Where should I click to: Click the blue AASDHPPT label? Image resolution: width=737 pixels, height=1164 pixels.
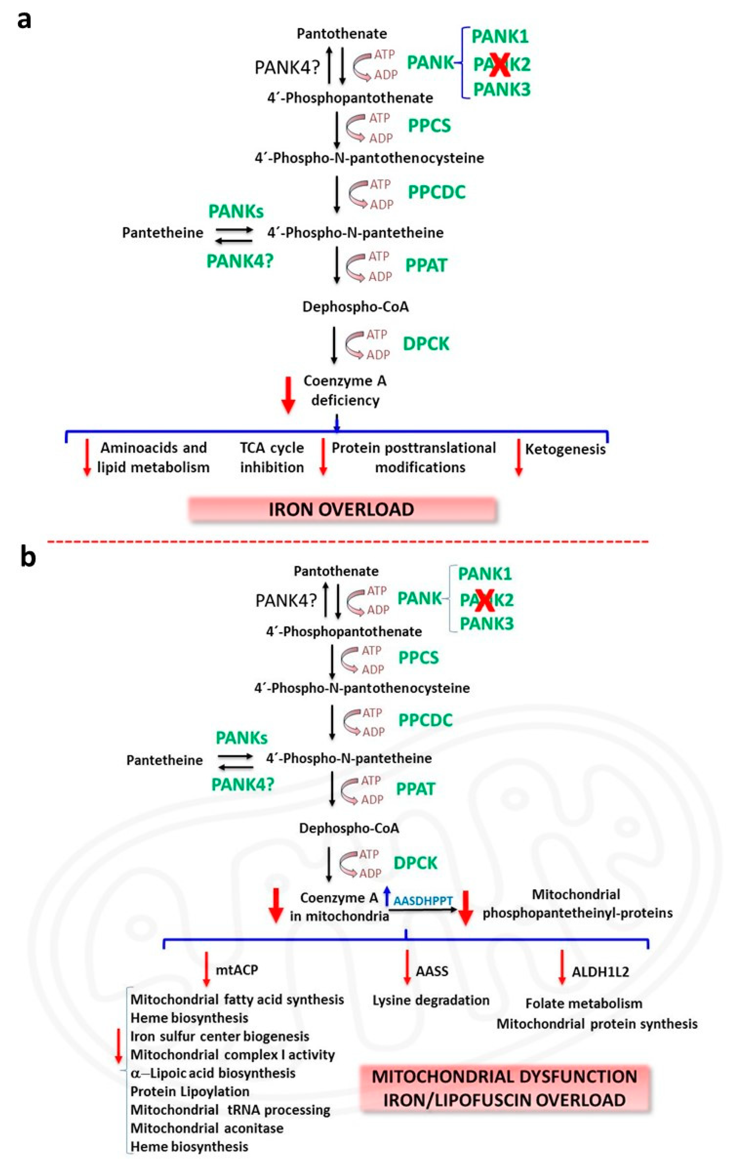click(x=423, y=901)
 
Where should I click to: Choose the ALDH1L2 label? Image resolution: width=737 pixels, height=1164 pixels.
click(x=600, y=972)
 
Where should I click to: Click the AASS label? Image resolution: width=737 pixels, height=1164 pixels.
click(x=432, y=971)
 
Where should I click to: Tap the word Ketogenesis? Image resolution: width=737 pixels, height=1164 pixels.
click(x=565, y=449)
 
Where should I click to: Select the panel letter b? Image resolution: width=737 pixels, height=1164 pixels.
click(x=28, y=556)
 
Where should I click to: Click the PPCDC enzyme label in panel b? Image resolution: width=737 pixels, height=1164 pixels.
click(x=425, y=720)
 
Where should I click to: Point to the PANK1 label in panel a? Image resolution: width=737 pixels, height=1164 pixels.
click(x=500, y=36)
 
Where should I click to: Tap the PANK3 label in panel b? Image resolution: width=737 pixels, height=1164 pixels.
click(x=487, y=623)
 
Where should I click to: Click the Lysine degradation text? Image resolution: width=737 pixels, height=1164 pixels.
click(x=430, y=1000)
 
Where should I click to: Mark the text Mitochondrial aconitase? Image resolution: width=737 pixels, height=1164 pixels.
click(x=207, y=1128)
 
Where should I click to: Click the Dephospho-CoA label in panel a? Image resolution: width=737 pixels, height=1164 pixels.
click(x=356, y=307)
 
